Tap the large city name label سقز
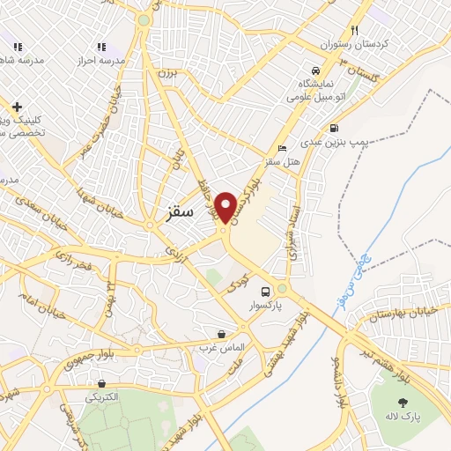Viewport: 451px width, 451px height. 180,213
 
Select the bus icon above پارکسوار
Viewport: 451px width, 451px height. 265,292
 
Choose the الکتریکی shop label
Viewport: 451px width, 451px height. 103,397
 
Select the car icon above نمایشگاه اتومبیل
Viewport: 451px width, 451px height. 314,70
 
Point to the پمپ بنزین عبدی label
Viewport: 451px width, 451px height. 335,140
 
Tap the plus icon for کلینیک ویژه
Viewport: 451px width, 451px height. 16,107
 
